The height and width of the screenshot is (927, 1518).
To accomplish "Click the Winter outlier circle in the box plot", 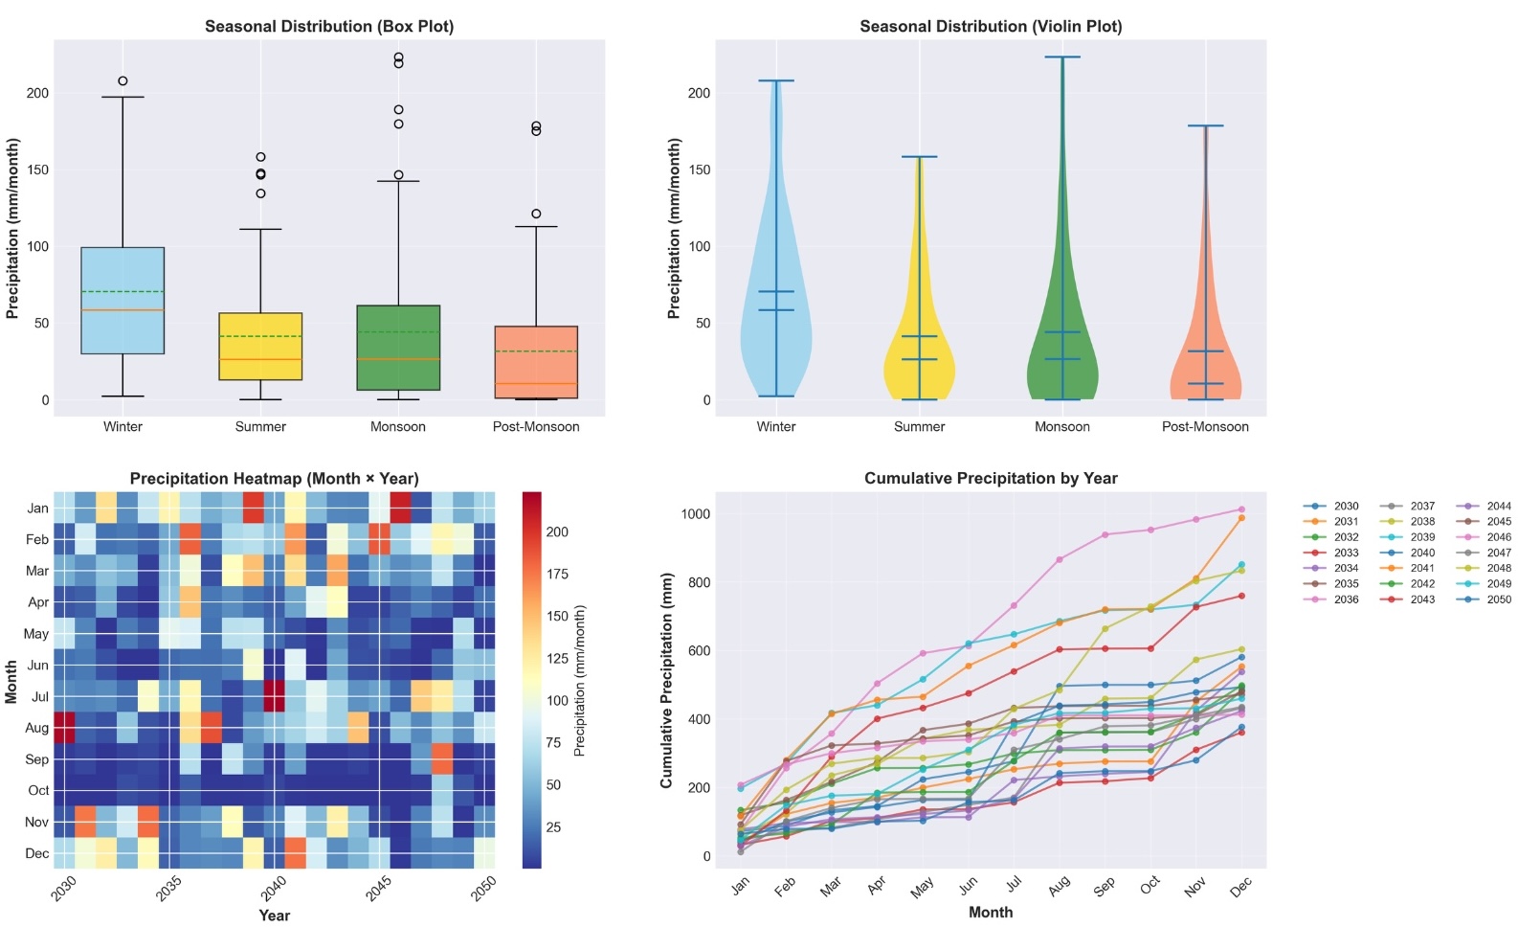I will click(x=123, y=81).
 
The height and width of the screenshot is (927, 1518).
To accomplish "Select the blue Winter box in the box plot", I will click(x=123, y=301).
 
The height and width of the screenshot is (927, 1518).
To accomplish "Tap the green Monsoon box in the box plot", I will click(x=398, y=348).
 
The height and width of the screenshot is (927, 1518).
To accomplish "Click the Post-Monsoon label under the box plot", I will click(x=535, y=427).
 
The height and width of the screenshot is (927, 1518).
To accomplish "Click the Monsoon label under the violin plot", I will click(x=1061, y=427).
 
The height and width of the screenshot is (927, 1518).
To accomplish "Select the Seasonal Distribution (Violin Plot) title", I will click(x=991, y=27).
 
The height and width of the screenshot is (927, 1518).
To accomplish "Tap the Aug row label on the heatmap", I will click(x=36, y=728).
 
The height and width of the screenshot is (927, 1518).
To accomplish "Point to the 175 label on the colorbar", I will click(x=557, y=575).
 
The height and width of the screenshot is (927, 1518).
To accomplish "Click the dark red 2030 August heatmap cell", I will click(x=63, y=728).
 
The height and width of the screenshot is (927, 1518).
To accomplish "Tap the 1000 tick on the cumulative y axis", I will click(x=695, y=514).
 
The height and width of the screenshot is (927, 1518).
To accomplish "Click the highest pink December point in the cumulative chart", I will click(x=1241, y=509).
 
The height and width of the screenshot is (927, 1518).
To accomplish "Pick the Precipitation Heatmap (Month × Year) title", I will click(x=274, y=479).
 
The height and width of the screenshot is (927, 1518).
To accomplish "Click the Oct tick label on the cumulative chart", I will click(x=1150, y=884).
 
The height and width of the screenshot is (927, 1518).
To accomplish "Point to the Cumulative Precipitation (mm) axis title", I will click(x=666, y=681).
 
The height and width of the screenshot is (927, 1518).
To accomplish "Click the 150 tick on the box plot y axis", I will click(x=37, y=170).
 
